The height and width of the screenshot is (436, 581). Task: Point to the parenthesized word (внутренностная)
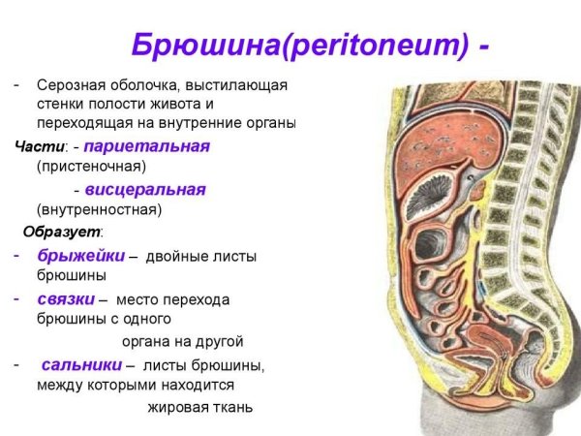tap(99, 209)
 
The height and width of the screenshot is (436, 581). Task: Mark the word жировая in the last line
tap(175, 407)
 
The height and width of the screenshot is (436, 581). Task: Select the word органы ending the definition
tap(270, 124)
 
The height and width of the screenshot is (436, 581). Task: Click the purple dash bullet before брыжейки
tap(16, 256)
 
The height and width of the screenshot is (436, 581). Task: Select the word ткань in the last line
tap(232, 407)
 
